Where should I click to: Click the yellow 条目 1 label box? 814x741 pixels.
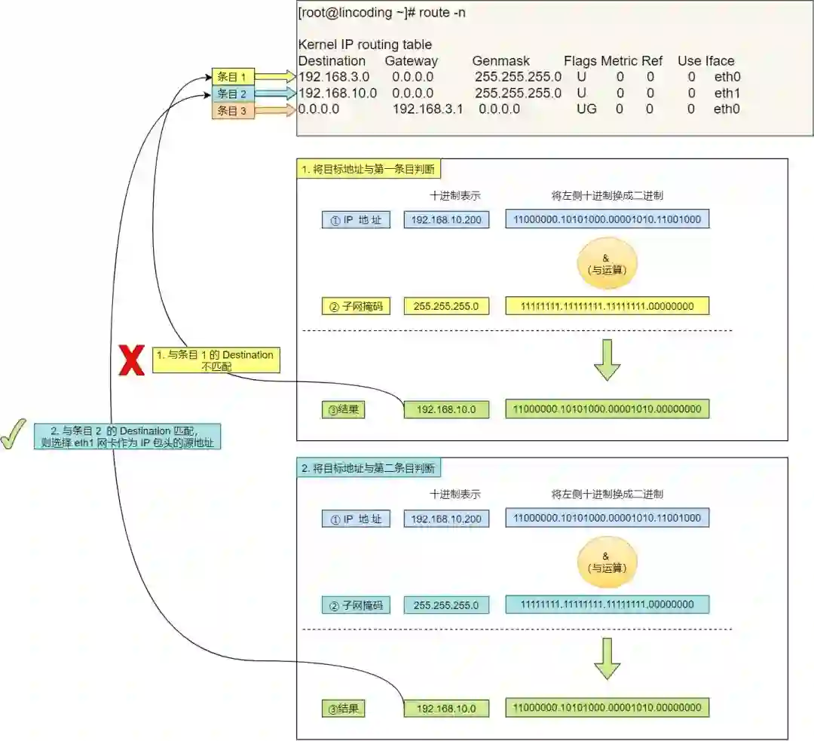pyautogui.click(x=233, y=77)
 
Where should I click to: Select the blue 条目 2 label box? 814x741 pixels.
pyautogui.click(x=233, y=94)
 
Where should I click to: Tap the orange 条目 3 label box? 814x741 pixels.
pyautogui.click(x=233, y=111)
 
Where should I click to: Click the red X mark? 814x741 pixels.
pyautogui.click(x=132, y=361)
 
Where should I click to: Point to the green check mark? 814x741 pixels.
pyautogui.click(x=13, y=434)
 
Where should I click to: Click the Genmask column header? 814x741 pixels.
pyautogui.click(x=501, y=61)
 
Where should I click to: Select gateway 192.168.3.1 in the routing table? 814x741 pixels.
pyautogui.click(x=427, y=109)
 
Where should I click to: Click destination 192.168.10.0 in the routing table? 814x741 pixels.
pyautogui.click(x=338, y=93)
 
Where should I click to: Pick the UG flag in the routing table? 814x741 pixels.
pyautogui.click(x=586, y=109)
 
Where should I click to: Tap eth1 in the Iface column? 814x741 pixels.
pyautogui.click(x=727, y=93)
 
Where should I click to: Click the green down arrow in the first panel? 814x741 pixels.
pyautogui.click(x=607, y=360)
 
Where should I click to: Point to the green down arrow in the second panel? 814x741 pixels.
pyautogui.click(x=607, y=658)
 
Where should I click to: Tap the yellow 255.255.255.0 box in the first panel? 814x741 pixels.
pyautogui.click(x=446, y=306)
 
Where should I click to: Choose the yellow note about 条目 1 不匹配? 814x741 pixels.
pyautogui.click(x=216, y=360)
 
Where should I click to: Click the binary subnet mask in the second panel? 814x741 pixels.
pyautogui.click(x=607, y=605)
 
